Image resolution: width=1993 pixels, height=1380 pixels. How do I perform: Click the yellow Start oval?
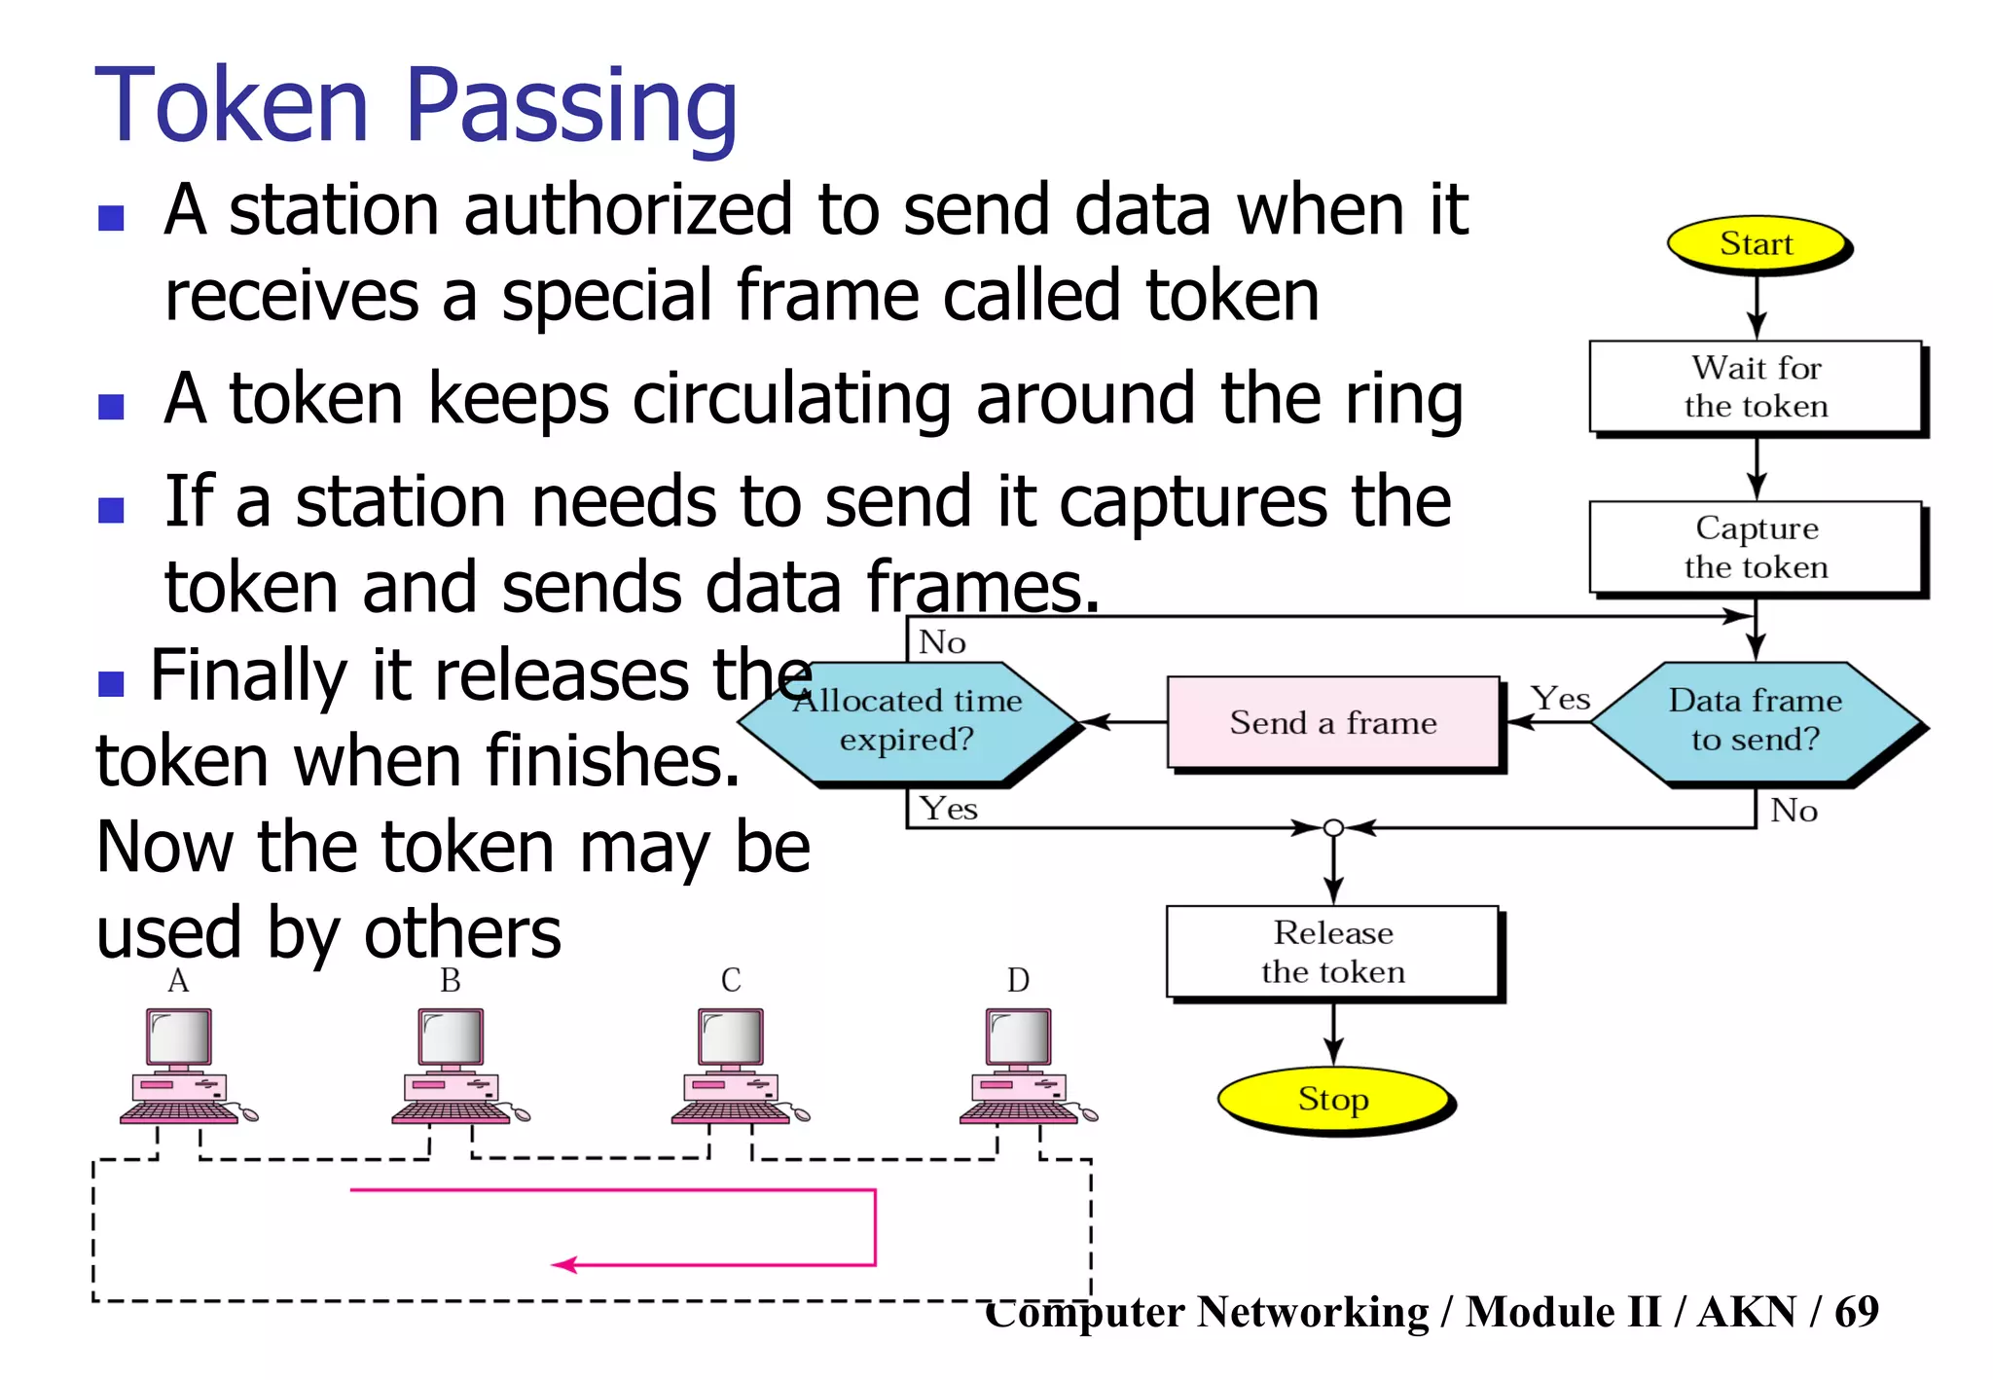(x=1757, y=243)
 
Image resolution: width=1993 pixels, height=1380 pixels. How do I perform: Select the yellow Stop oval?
(x=1333, y=1099)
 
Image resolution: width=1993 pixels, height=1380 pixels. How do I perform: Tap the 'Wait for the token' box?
(x=1756, y=386)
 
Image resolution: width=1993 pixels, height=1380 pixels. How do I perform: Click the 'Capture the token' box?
(x=1756, y=547)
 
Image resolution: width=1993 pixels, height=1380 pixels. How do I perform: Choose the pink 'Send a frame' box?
(x=1333, y=723)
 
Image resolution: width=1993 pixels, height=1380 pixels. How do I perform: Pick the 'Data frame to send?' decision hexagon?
(x=1756, y=721)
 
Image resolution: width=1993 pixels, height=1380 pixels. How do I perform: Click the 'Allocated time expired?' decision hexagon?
(x=907, y=721)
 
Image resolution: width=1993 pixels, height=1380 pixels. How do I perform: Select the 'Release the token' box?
(x=1332, y=952)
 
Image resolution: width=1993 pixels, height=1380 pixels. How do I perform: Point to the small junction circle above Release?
(x=1334, y=828)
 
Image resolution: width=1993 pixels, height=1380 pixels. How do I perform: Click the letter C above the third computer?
(x=731, y=980)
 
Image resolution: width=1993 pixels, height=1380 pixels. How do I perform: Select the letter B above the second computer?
(x=450, y=980)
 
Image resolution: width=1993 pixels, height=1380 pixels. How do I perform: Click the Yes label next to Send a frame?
(x=1560, y=699)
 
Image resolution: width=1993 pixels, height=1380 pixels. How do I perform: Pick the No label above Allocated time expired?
(x=942, y=642)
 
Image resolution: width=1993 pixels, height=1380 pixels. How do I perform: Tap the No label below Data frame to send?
(x=1794, y=811)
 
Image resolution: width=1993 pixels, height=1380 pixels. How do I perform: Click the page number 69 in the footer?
(x=1856, y=1312)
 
